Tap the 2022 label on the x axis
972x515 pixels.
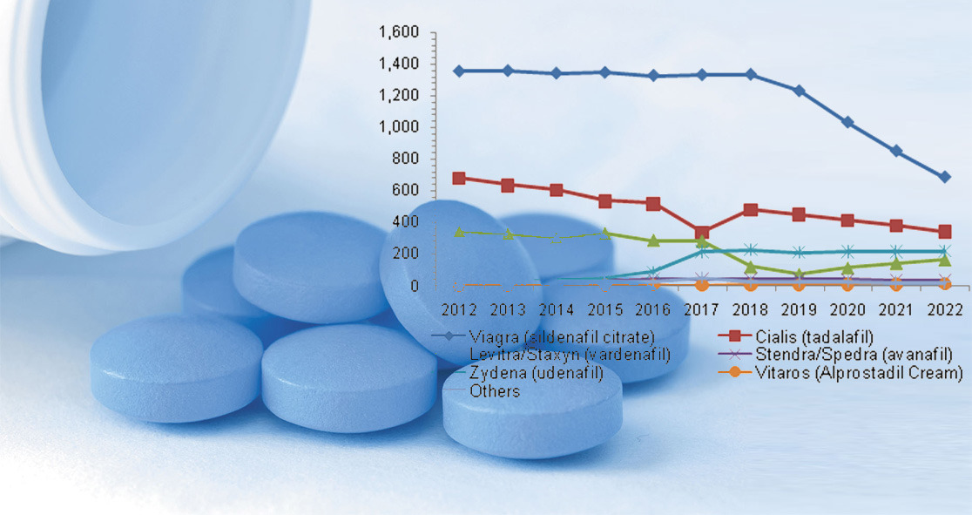[944, 309]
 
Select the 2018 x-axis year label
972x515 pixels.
[751, 309]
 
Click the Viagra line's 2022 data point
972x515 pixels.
[944, 177]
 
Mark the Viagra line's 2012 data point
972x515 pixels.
[459, 71]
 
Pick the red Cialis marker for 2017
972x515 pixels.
[702, 233]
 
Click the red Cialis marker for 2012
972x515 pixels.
[459, 178]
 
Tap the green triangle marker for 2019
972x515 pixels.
[799, 274]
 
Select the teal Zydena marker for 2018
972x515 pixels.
[751, 250]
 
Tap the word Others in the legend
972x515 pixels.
[495, 391]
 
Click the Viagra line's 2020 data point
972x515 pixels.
[847, 123]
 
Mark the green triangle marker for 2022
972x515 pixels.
[944, 260]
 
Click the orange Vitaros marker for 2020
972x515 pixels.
[847, 284]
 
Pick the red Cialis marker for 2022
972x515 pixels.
[944, 232]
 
